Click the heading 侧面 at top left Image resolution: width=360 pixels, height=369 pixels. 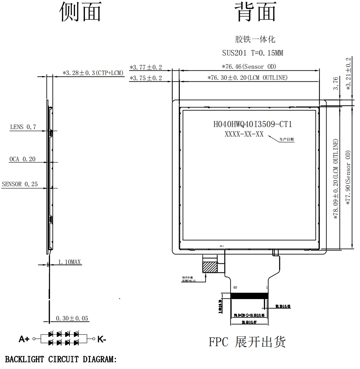pos(80,12)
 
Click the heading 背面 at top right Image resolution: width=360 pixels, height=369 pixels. pos(255,12)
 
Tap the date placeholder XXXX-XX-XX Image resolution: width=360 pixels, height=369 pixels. pos(244,134)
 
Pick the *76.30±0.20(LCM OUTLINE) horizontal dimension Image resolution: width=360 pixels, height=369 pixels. pos(247,78)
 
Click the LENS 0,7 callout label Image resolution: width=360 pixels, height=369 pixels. pos(23,127)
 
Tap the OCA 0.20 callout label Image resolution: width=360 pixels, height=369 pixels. pos(22,159)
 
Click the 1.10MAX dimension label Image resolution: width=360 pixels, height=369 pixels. pos(70,262)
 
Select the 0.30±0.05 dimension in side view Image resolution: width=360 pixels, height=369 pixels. pos(72,318)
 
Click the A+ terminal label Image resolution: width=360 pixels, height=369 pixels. pos(24,339)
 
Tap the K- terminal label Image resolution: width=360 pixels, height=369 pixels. pos(102,339)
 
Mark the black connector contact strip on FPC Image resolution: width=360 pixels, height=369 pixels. pos(249,296)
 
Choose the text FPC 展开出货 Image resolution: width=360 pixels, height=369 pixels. pos(247,342)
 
